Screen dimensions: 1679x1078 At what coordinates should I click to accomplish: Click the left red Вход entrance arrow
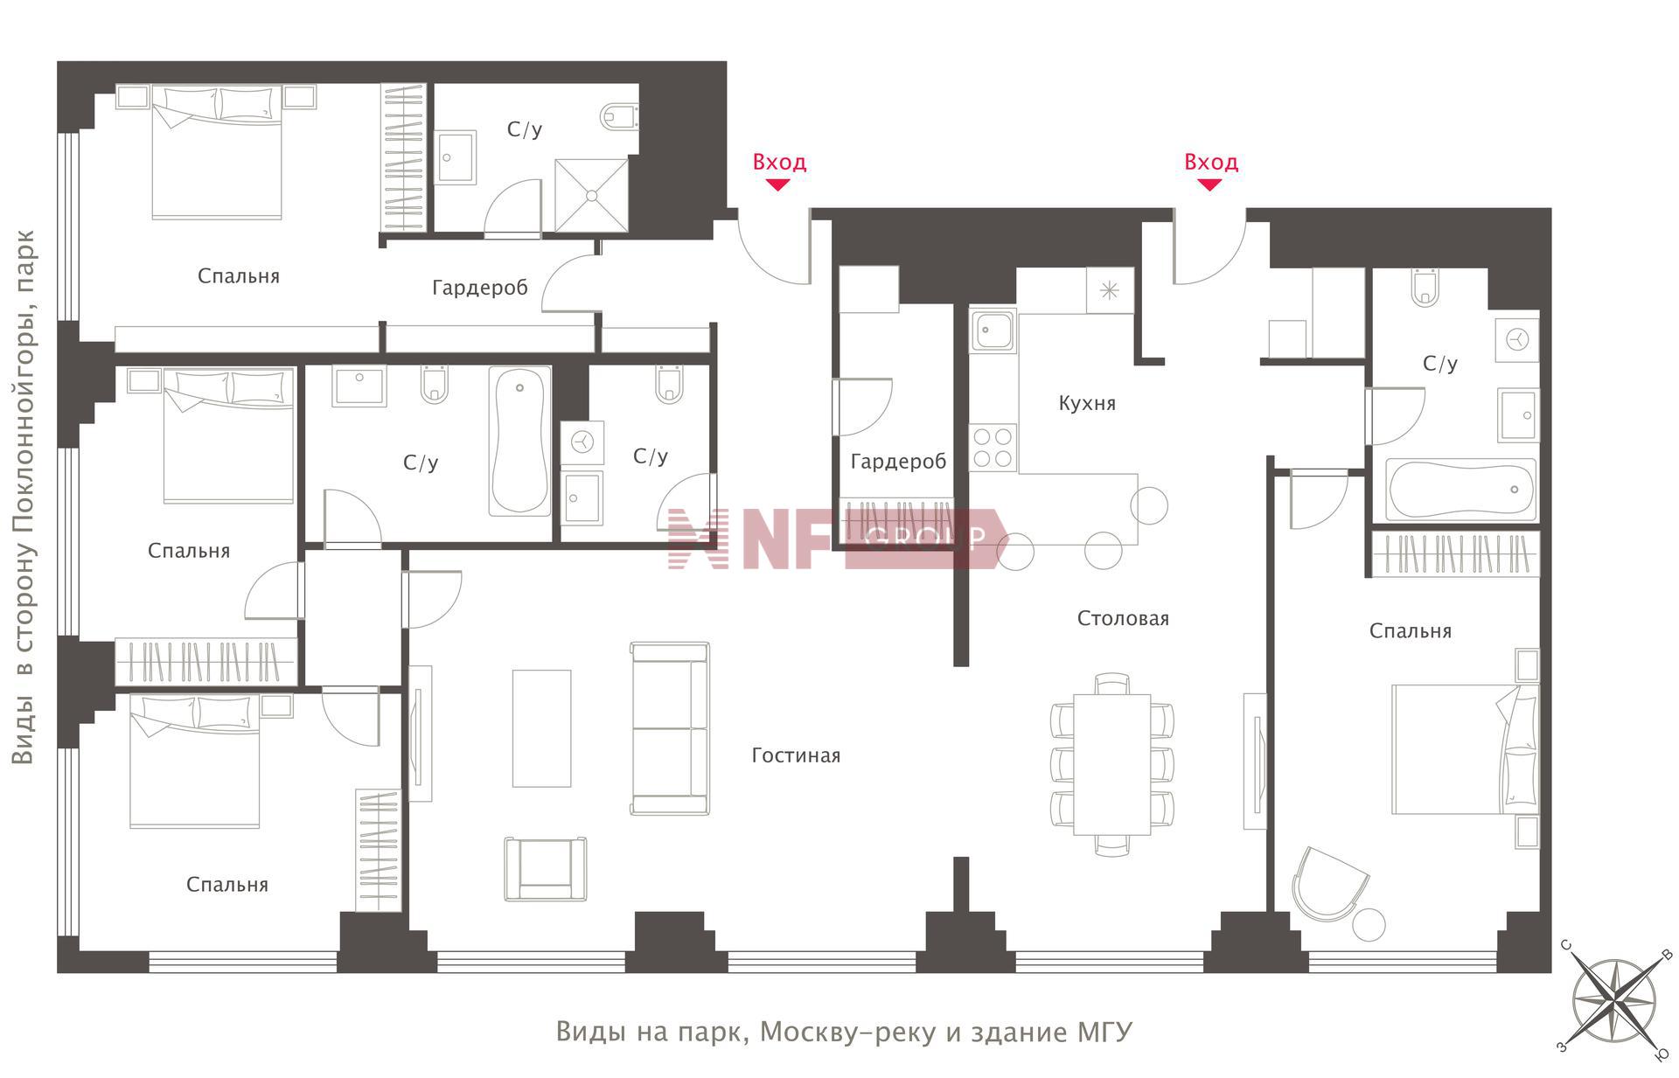click(777, 184)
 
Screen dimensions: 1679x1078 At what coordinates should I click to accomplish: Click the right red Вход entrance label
click(1210, 162)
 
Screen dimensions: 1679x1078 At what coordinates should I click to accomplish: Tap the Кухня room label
click(1087, 403)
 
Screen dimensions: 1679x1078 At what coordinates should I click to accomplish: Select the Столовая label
click(1123, 618)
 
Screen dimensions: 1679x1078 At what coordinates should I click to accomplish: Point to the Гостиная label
click(796, 755)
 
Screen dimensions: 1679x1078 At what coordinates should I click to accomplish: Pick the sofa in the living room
click(670, 729)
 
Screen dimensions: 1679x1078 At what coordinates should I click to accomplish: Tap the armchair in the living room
click(545, 869)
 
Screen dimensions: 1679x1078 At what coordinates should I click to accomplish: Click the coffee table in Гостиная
click(541, 728)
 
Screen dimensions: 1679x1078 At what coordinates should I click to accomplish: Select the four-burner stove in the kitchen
click(993, 448)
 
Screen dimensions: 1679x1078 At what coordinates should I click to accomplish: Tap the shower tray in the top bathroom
click(592, 195)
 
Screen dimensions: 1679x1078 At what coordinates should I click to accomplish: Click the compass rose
click(1616, 1001)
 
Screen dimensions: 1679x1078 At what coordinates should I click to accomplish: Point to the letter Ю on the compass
click(1662, 1055)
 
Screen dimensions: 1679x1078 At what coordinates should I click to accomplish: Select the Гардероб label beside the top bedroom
click(480, 288)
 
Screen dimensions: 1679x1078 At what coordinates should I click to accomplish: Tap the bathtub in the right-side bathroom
click(1461, 490)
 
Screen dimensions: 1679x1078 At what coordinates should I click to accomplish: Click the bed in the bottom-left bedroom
click(195, 761)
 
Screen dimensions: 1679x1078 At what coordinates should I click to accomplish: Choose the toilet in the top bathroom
click(621, 115)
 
